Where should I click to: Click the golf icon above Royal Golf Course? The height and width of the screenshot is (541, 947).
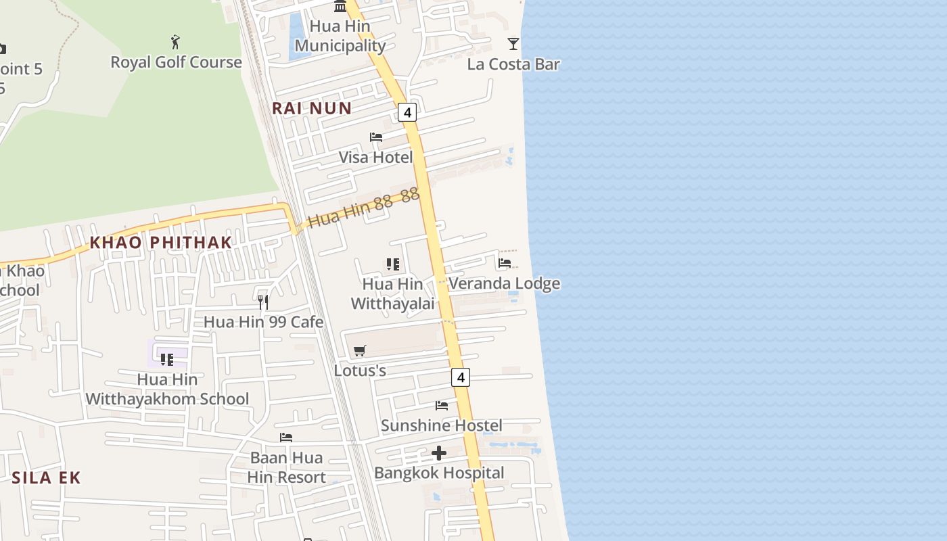point(176,42)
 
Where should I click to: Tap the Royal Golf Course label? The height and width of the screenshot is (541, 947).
point(176,62)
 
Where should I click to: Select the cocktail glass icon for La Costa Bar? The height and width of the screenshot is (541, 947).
point(513,44)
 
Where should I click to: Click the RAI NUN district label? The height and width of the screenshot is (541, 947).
point(312,108)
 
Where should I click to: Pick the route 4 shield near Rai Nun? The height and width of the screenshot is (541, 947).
point(407,112)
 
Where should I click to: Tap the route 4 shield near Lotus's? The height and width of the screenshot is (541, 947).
point(461,377)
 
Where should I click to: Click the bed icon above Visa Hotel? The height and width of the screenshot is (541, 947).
point(376,137)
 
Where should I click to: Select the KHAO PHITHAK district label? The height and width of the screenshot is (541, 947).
point(161,242)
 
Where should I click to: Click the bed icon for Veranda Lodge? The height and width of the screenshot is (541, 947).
point(505,263)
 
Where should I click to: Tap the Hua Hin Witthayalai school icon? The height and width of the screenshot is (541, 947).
point(393,264)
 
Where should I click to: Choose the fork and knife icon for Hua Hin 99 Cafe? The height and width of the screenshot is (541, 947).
point(263,302)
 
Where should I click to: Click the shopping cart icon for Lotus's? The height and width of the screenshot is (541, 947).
point(360,350)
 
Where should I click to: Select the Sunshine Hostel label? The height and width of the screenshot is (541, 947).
point(441,425)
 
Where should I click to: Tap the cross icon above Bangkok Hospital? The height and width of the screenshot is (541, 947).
point(439,453)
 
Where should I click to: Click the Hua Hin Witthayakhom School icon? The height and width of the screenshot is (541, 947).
point(167,359)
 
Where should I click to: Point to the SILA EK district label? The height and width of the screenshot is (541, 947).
point(46,477)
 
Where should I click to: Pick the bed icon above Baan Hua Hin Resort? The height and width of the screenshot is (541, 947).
point(286,438)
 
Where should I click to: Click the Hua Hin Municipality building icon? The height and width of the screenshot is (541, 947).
point(340,7)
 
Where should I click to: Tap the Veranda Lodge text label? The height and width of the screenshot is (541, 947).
point(505,283)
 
